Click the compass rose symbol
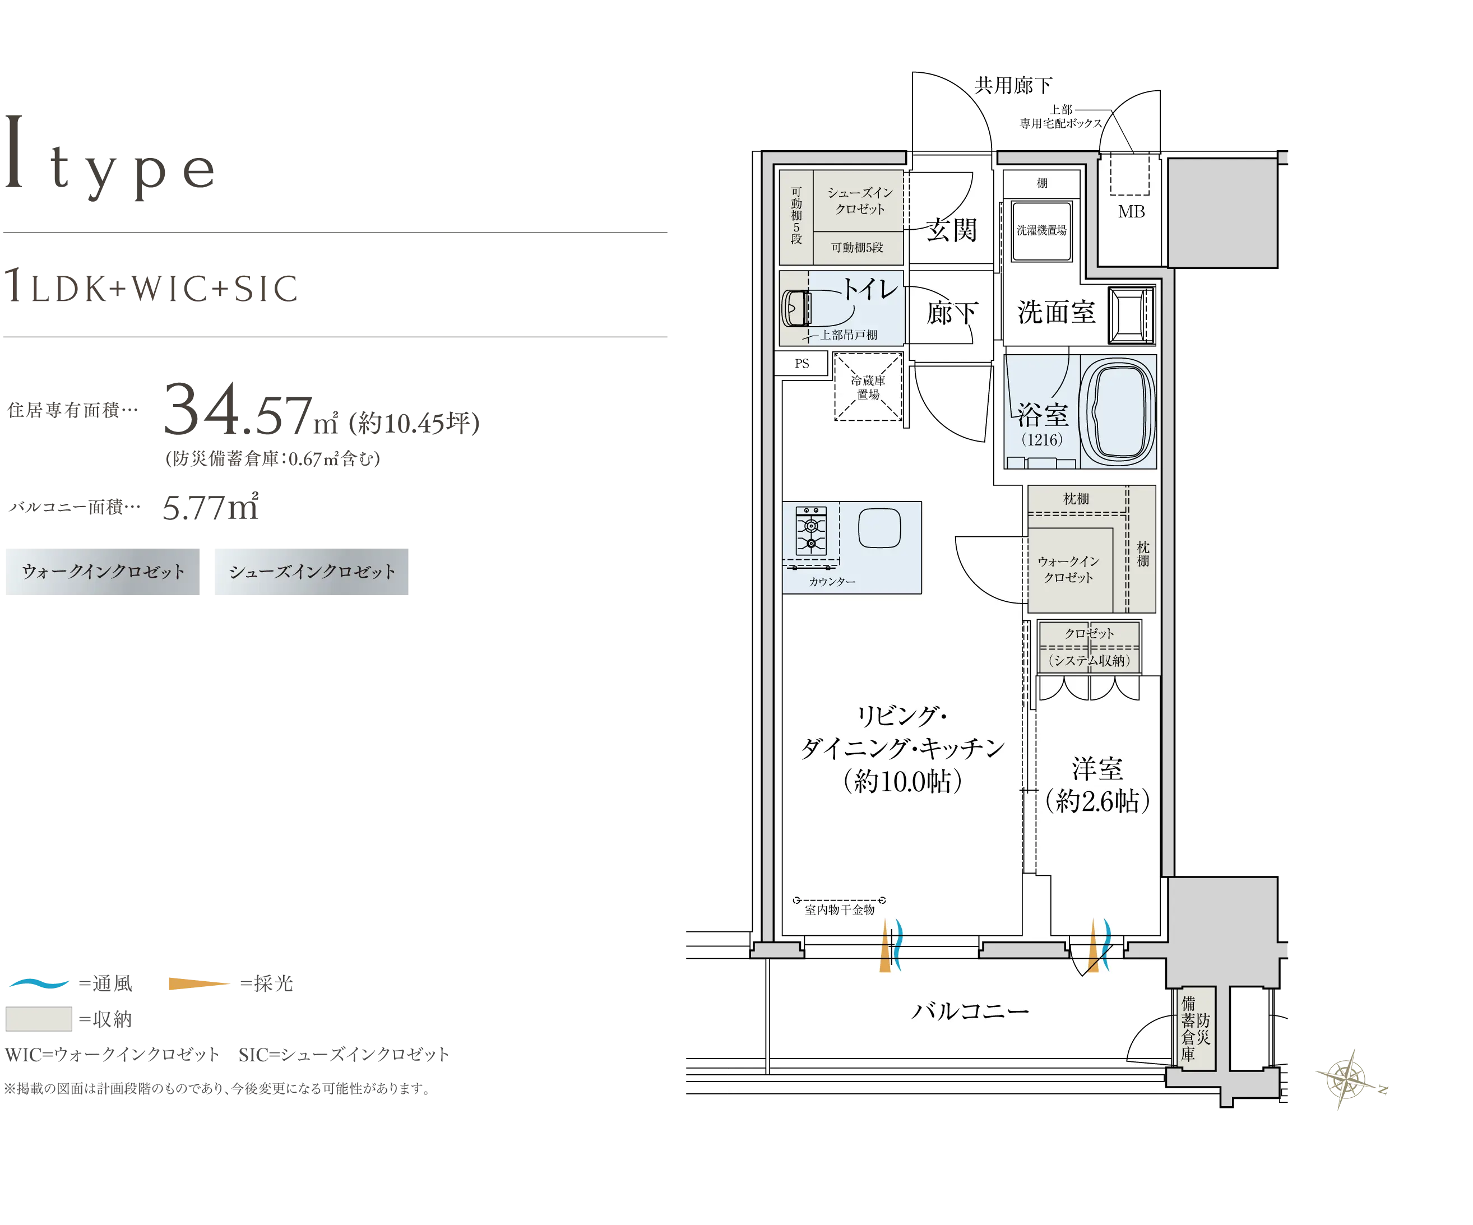click(x=1347, y=1080)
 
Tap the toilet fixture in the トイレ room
click(x=796, y=309)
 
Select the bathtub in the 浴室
click(x=1120, y=412)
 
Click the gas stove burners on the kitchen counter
click(x=811, y=532)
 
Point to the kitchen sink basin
click(x=879, y=527)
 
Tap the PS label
click(x=802, y=363)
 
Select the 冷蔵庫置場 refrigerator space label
click(x=868, y=387)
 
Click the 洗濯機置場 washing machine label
click(x=1041, y=230)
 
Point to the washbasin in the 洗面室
click(x=1131, y=315)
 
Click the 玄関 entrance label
click(x=951, y=230)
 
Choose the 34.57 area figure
click(x=238, y=410)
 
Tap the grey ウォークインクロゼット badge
click(x=103, y=572)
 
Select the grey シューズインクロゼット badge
click(x=312, y=572)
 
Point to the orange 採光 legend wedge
click(x=199, y=984)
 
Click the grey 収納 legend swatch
click(x=39, y=1019)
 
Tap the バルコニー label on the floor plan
click(x=970, y=1011)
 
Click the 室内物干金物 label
click(x=840, y=910)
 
